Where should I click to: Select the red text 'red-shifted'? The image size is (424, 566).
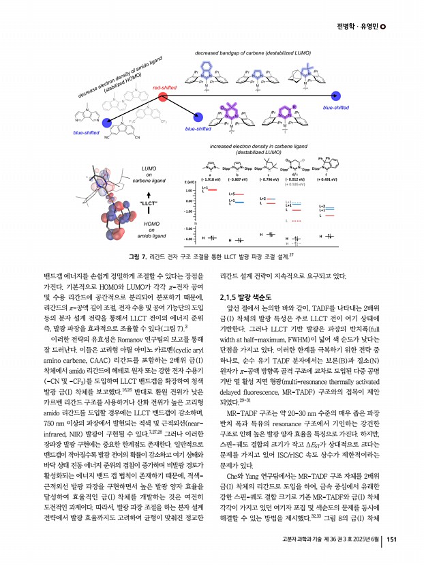point(164,88)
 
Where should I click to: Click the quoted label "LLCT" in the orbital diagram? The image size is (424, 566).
point(149,204)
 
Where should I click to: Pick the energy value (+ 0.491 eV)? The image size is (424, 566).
point(329,178)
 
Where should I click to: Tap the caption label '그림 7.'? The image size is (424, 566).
point(141,256)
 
